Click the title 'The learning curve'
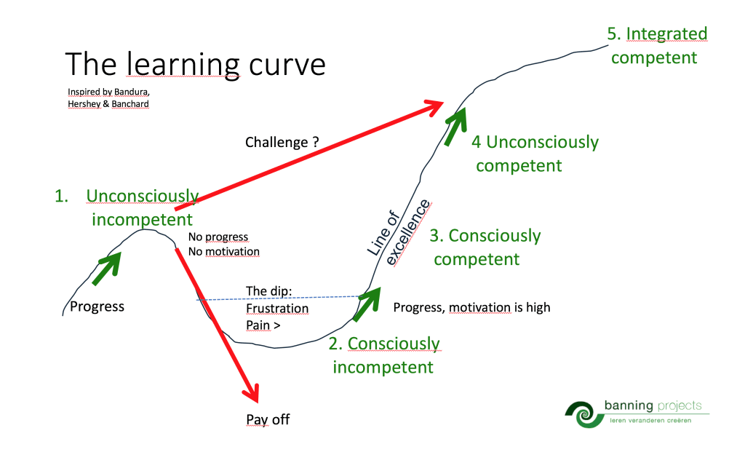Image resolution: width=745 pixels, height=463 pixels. tap(195, 65)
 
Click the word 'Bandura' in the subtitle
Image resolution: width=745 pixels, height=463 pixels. tap(132, 92)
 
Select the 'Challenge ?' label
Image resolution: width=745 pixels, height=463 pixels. tap(282, 142)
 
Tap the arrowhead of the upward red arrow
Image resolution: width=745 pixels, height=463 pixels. tap(434, 108)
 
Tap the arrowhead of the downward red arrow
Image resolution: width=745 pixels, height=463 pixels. tap(251, 393)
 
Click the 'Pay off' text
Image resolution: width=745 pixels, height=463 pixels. tap(268, 420)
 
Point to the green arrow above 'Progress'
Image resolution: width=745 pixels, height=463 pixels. tap(106, 269)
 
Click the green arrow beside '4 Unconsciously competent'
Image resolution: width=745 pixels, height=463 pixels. tap(455, 127)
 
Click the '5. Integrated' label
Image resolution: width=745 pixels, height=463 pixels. tap(657, 33)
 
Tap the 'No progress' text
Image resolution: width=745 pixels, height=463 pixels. tap(218, 237)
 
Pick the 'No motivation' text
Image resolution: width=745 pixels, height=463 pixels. tap(224, 251)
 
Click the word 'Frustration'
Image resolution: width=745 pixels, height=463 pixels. tap(277, 309)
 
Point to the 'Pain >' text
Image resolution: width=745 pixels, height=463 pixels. tap(263, 325)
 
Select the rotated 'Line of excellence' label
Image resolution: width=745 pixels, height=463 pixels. tap(399, 232)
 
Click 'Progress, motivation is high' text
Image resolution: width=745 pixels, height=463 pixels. tap(471, 307)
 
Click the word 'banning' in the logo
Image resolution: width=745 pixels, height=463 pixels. tap(629, 405)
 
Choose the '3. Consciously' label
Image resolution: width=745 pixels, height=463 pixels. tap(485, 236)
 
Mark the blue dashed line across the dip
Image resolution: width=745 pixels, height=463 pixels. tap(279, 298)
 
